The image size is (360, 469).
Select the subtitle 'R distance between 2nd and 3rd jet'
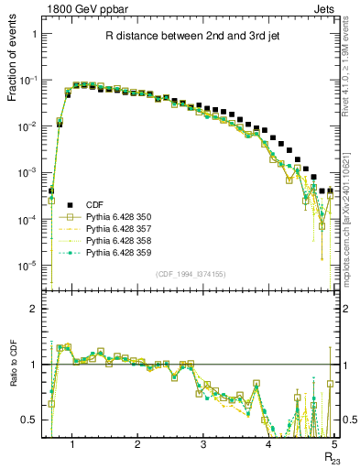pos(190,36)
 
